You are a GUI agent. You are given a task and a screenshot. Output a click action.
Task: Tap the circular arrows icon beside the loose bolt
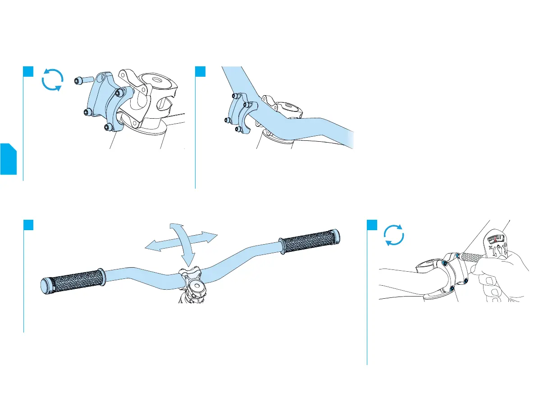tap(52, 80)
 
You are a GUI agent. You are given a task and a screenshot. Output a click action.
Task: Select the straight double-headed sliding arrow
tap(181, 240)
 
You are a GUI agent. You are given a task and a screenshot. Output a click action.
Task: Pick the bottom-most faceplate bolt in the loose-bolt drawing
tap(108, 127)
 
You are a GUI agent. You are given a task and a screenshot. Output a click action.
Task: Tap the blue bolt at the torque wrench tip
tap(457, 256)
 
